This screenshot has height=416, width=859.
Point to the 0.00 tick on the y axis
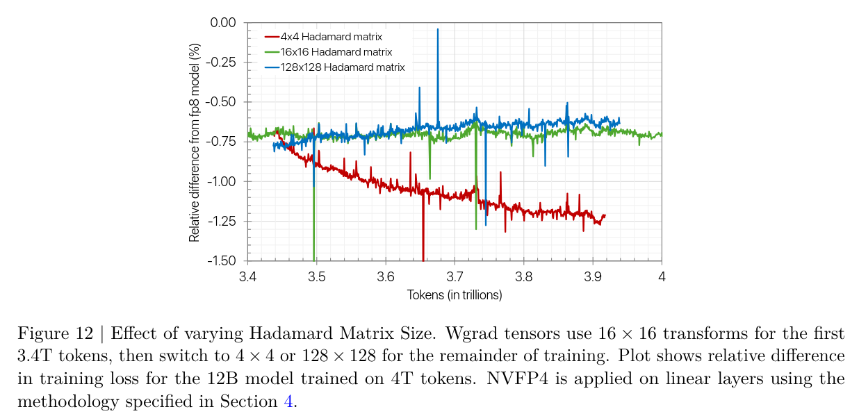(x=223, y=23)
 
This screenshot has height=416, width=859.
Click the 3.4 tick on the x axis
(x=248, y=276)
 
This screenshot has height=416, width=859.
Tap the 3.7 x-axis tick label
(x=455, y=276)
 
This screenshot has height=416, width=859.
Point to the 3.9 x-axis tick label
(x=592, y=276)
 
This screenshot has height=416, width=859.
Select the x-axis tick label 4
(x=661, y=276)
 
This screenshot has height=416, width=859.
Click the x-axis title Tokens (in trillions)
(x=455, y=295)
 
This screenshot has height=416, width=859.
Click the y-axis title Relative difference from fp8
(x=195, y=142)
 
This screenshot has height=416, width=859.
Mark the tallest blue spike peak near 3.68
(x=438, y=29)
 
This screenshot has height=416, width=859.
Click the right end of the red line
(x=605, y=215)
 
